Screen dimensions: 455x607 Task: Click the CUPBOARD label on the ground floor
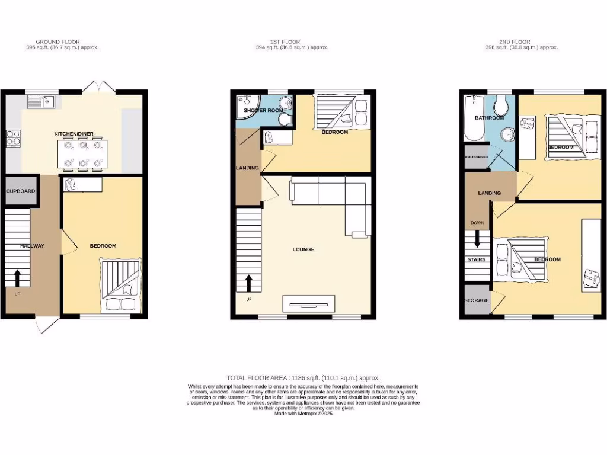(x=21, y=191)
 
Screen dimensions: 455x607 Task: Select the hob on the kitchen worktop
(x=13, y=137)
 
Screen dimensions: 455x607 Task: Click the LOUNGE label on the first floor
(x=303, y=249)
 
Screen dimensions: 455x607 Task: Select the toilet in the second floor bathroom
(x=503, y=107)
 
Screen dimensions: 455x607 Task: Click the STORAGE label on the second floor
(x=476, y=300)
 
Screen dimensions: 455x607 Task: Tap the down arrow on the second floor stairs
(x=477, y=240)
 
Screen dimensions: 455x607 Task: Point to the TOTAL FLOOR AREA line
(x=303, y=378)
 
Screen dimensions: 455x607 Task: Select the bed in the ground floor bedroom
(x=121, y=285)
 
